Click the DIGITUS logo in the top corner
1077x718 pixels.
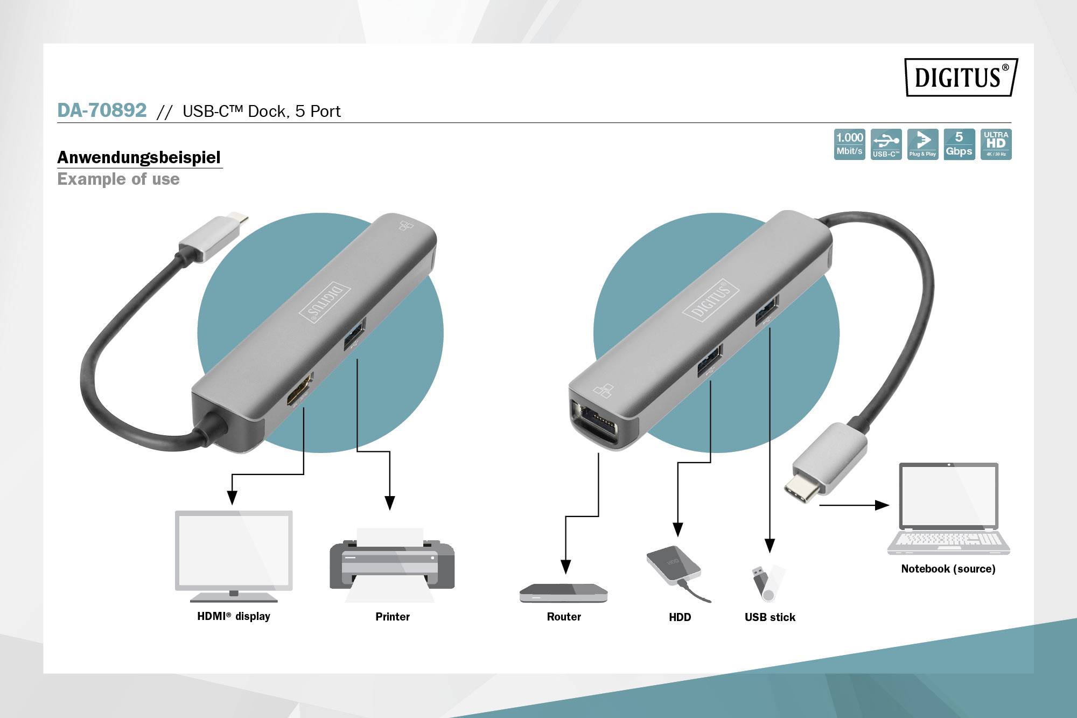[x=961, y=77]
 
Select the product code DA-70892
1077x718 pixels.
[x=102, y=110]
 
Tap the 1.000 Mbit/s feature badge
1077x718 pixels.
[x=849, y=144]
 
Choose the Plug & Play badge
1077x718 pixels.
[x=922, y=144]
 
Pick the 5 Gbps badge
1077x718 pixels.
[x=959, y=144]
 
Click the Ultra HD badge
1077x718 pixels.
[x=996, y=144]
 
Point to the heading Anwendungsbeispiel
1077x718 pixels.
[x=139, y=157]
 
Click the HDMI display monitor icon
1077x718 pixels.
[x=234, y=556]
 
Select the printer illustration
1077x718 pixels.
[x=392, y=564]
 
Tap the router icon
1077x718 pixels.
[x=563, y=592]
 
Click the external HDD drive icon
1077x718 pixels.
[x=677, y=572]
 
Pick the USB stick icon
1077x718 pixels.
[x=768, y=583]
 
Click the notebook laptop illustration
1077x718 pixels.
[x=948, y=508]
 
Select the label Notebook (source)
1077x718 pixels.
[x=948, y=569]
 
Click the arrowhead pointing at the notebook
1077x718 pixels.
[x=882, y=505]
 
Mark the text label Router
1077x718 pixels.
[x=564, y=617]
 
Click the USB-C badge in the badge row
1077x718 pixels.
[x=886, y=144]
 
